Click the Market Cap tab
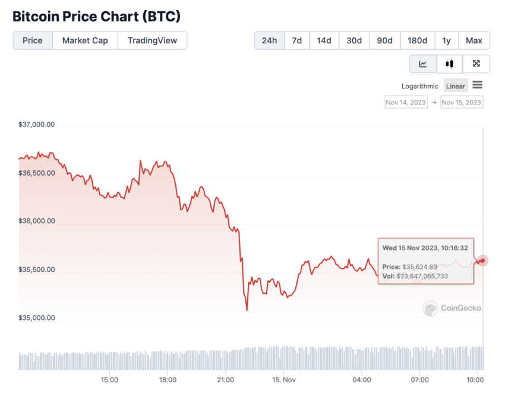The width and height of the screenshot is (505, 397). coord(85,40)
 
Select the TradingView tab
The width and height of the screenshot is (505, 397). coord(153,40)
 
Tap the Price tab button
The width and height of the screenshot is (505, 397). coord(33,40)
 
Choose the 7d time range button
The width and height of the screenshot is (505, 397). coord(296,40)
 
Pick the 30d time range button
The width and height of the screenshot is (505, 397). coord(354,40)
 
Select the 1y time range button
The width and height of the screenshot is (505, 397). coord(446,40)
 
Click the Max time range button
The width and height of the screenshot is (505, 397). coord(474,40)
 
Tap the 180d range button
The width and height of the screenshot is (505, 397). coord(417,40)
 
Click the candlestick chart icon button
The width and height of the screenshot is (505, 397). coord(450,64)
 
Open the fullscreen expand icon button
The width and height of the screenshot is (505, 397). coord(476,64)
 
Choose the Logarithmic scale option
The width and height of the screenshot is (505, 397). coord(419,86)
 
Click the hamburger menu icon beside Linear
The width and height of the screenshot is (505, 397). coord(478,85)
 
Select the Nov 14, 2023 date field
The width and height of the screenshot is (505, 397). coord(406,102)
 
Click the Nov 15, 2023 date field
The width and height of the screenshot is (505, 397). coord(462,102)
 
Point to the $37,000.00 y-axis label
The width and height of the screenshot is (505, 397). coord(37,125)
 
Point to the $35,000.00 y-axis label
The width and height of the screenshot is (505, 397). coord(37,317)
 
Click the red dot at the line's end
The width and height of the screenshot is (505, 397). coord(482,261)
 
